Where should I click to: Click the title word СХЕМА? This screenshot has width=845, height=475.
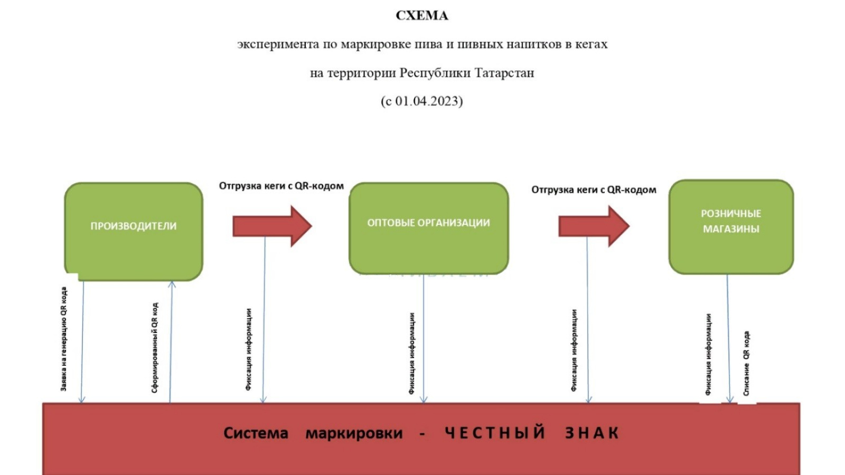point(421,16)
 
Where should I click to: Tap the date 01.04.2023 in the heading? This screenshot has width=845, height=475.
point(428,101)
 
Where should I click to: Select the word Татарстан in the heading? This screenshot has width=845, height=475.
point(504,73)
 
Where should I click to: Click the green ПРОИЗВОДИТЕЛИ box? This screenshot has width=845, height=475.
point(134,231)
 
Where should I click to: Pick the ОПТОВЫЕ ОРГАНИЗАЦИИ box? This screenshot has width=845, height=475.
point(428,228)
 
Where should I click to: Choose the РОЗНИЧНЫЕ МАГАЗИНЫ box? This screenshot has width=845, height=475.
point(731,227)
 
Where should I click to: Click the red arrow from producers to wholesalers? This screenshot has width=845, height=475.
point(271,226)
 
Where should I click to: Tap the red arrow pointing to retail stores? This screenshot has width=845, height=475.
point(593,226)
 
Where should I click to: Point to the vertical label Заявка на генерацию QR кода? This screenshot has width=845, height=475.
point(64,339)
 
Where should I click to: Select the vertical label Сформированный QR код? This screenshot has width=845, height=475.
point(155,347)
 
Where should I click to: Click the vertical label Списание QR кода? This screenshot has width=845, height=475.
point(746,363)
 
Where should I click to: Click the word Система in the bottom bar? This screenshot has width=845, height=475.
point(256,433)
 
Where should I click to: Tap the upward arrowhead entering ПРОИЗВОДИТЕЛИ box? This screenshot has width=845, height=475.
point(172,285)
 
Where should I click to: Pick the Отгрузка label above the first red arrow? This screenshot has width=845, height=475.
point(281,186)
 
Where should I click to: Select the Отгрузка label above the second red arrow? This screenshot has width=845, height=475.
point(594,189)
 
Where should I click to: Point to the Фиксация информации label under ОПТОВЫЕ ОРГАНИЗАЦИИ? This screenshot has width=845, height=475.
point(412,353)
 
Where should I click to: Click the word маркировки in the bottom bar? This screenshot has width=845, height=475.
point(354,433)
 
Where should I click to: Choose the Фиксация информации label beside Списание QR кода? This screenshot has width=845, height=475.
point(708,354)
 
